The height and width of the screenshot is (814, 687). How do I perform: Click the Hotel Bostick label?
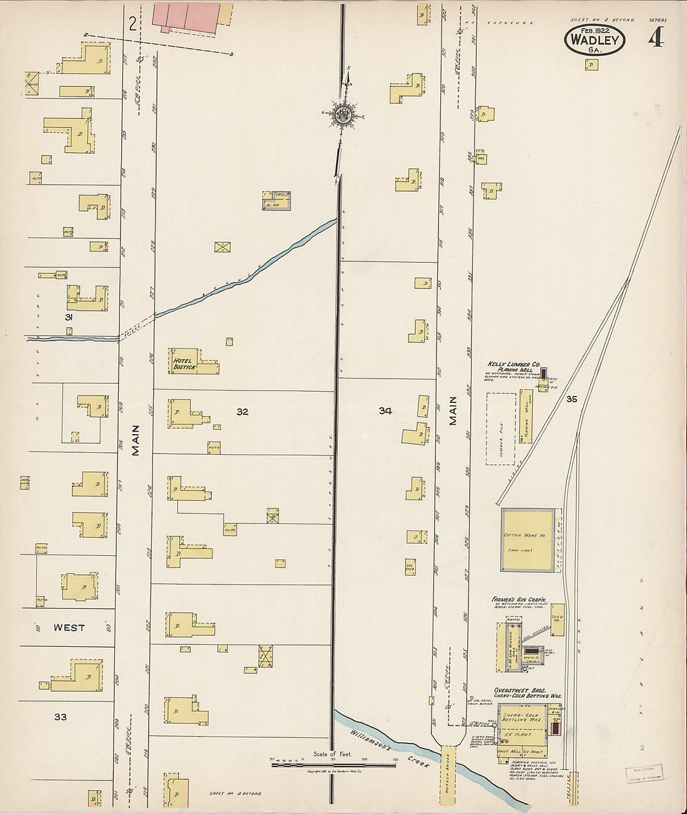pyautogui.click(x=184, y=363)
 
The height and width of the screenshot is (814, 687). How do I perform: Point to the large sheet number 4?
pyautogui.click(x=655, y=39)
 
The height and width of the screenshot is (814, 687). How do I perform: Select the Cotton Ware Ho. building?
pyautogui.click(x=528, y=540)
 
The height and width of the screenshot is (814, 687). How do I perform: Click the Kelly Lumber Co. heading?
pyautogui.click(x=513, y=364)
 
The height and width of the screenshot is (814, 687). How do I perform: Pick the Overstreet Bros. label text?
pyautogui.click(x=520, y=690)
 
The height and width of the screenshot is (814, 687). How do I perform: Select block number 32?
pyautogui.click(x=242, y=412)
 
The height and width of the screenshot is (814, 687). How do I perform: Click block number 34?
pyautogui.click(x=385, y=410)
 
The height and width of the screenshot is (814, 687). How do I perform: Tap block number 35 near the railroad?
pyautogui.click(x=571, y=399)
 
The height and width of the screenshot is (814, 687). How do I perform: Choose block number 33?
pyautogui.click(x=60, y=717)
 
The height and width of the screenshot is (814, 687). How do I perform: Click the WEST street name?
pyautogui.click(x=69, y=627)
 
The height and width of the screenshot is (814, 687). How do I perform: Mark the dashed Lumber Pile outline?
pyautogui.click(x=501, y=429)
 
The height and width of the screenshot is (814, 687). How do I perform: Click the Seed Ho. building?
pyautogui.click(x=557, y=619)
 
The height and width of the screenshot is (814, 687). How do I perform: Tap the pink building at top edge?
pyautogui.click(x=185, y=16)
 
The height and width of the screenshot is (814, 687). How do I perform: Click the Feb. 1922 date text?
pyautogui.click(x=594, y=30)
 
